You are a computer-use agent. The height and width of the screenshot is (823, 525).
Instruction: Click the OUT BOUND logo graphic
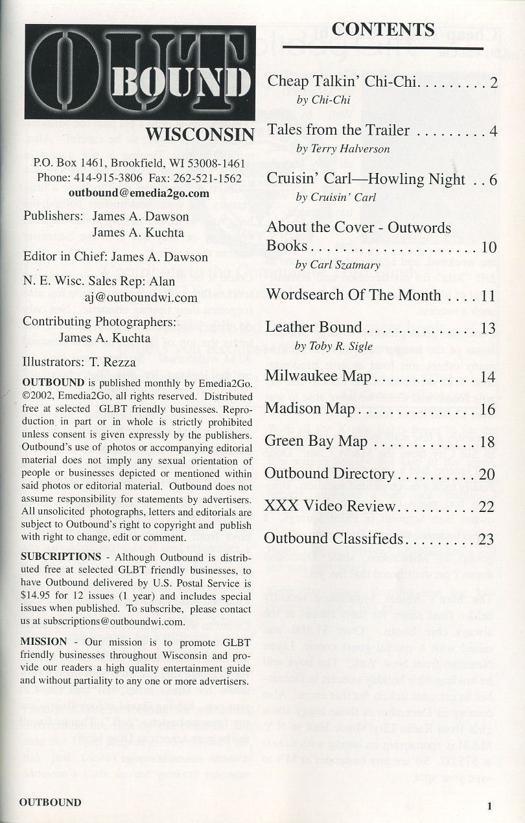140,72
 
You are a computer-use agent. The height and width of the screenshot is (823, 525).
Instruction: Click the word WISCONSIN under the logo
200,135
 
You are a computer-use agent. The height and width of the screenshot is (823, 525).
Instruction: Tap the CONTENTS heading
382,29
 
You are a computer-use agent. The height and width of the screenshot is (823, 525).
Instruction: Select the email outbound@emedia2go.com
139,193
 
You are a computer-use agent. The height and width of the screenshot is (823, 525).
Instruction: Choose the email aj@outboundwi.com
141,298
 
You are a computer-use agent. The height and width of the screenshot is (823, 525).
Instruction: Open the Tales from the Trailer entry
338,130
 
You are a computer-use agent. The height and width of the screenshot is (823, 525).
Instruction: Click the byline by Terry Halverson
344,149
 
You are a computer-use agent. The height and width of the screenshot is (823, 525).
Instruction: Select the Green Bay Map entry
316,442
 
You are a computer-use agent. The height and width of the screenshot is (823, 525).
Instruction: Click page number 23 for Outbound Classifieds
487,539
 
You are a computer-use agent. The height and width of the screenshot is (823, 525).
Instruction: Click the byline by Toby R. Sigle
334,347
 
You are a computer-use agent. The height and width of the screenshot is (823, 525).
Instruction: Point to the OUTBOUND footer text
50,802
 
